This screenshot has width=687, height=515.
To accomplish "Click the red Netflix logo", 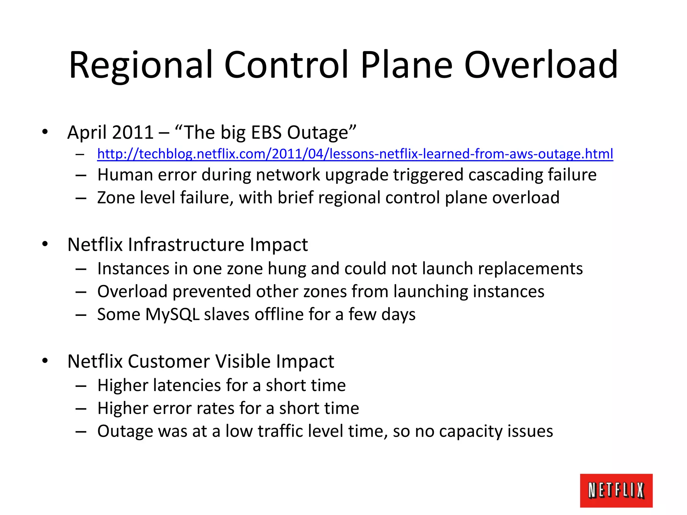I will (x=616, y=490).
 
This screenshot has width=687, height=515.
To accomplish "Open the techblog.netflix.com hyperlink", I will (x=355, y=154).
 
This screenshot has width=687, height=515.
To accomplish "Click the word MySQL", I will (x=172, y=314).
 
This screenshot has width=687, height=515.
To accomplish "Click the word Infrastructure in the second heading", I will (x=186, y=244).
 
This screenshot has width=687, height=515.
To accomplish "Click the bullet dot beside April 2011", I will (x=45, y=132).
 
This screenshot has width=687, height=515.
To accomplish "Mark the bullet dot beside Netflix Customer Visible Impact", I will (x=45, y=361).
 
